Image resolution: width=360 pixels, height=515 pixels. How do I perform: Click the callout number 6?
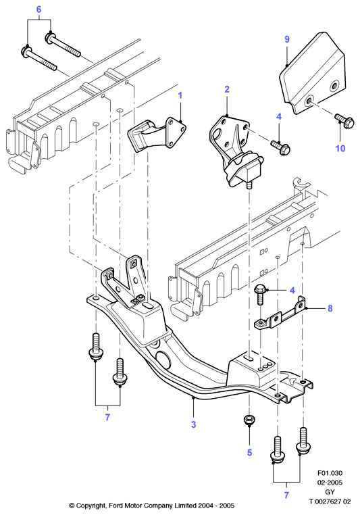click(38, 9)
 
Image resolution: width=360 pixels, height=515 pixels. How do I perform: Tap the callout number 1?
click(180, 95)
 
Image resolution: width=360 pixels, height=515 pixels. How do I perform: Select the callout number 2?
click(227, 89)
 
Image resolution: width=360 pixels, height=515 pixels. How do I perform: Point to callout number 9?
click(287, 39)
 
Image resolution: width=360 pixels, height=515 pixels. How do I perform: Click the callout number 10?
click(340, 149)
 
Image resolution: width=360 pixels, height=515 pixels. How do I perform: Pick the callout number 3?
click(194, 424)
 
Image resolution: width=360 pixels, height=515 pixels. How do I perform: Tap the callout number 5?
click(249, 452)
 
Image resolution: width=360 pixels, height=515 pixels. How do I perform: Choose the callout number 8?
click(330, 308)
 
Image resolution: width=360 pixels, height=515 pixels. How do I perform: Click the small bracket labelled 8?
click(280, 313)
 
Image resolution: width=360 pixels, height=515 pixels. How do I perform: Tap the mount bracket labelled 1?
click(157, 134)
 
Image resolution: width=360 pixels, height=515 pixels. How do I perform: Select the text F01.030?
click(330, 473)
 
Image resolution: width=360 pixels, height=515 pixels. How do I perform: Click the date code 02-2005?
click(330, 483)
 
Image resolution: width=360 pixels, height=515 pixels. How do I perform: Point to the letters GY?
click(330, 492)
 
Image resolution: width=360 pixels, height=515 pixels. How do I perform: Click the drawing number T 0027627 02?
click(330, 501)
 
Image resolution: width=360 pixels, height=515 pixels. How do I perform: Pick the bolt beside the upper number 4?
click(280, 147)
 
